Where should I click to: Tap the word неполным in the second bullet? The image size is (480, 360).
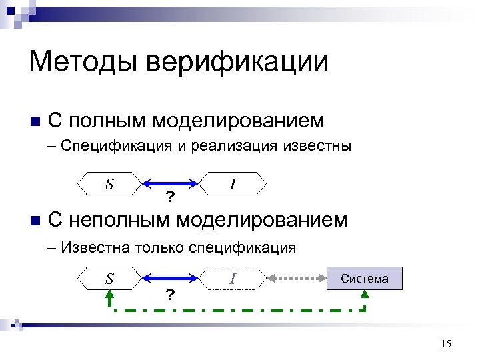tap(121, 219)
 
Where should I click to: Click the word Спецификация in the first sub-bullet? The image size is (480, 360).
tap(116, 147)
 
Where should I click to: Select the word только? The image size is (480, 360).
tap(159, 248)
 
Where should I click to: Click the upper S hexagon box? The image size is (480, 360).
tap(109, 183)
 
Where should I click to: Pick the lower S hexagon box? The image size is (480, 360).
tap(109, 278)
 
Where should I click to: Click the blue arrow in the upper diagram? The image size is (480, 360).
tap(171, 183)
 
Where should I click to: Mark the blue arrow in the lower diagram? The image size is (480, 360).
tap(171, 278)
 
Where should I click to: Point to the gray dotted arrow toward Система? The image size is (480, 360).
tap(296, 278)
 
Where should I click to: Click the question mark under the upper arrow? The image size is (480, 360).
tap(171, 197)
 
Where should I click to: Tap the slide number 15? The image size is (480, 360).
tap(446, 343)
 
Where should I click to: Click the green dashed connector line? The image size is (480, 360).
tap(233, 310)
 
